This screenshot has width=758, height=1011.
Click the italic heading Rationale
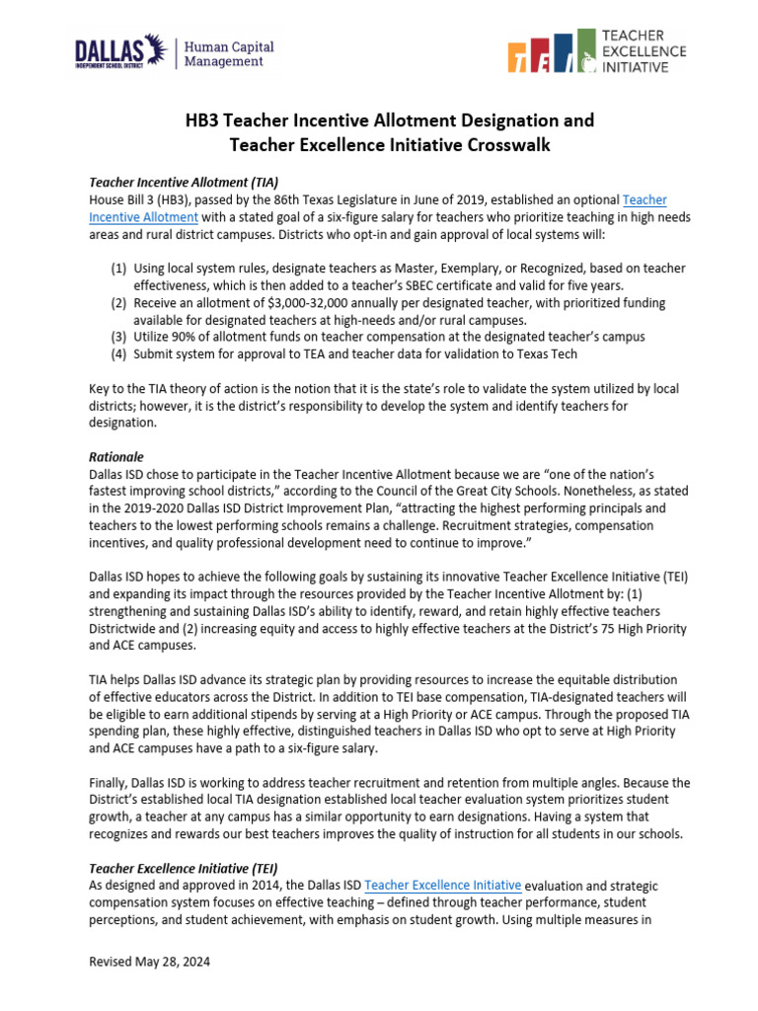(116, 457)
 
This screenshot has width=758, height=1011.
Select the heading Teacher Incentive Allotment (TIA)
(184, 182)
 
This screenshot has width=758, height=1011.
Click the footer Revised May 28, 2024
(149, 962)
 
